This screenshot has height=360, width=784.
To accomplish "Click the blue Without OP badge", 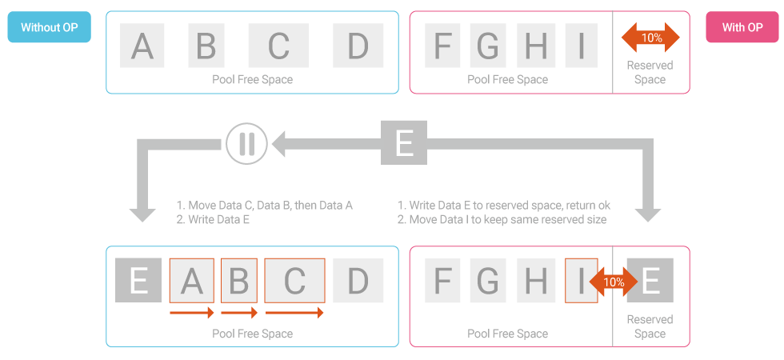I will (x=49, y=27).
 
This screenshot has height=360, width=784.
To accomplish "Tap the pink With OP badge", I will (x=742, y=27).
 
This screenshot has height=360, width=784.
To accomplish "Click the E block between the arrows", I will (x=404, y=143).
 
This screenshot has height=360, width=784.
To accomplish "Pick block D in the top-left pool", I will (x=358, y=46).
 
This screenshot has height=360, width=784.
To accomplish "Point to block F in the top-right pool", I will (x=442, y=46).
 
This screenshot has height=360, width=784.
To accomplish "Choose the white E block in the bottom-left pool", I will (x=138, y=280).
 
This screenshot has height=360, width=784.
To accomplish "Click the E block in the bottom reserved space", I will (x=650, y=280).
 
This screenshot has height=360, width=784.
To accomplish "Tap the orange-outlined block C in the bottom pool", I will (x=294, y=280).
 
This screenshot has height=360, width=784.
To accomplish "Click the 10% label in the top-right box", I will (x=651, y=38).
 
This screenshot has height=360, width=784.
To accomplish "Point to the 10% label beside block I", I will (x=614, y=282).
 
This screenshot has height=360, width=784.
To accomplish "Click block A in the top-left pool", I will (x=142, y=46).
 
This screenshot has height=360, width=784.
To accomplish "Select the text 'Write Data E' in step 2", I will (x=218, y=219).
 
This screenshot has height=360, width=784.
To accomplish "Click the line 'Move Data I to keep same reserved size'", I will (x=507, y=219).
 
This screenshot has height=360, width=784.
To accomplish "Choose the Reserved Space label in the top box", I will (x=650, y=72).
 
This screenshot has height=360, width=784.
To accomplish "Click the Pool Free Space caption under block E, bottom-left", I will (x=252, y=334).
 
